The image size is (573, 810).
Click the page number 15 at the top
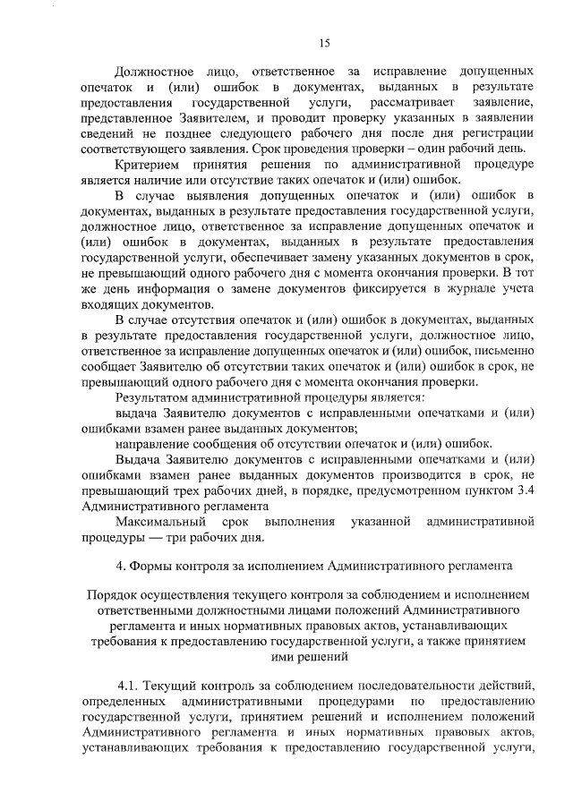(325, 43)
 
